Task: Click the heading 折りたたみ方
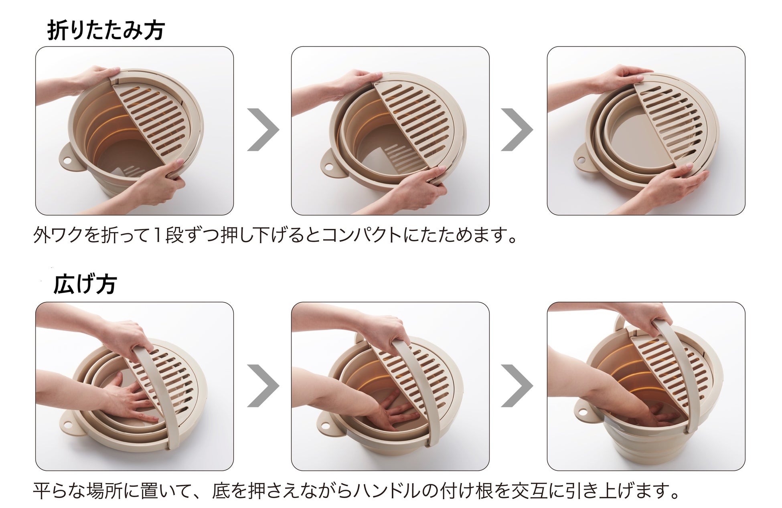[x=106, y=30]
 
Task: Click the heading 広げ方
[x=85, y=285]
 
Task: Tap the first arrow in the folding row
[x=263, y=130]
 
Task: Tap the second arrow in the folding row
[x=517, y=130]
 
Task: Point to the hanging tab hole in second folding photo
[x=329, y=166]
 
